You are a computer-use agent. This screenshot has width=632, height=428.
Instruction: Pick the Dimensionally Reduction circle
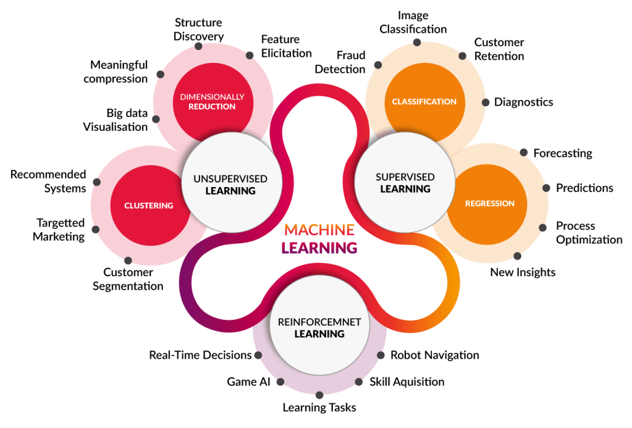[213, 103]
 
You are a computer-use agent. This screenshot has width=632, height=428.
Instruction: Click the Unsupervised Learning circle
[231, 183]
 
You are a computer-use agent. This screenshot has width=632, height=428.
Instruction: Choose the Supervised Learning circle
[405, 183]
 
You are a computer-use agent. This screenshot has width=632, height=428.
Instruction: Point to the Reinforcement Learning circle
[319, 325]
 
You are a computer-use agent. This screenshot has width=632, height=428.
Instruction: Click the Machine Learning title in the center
[319, 238]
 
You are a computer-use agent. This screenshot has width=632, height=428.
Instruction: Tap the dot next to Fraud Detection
[378, 65]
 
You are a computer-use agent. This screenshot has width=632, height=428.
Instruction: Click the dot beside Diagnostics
[486, 103]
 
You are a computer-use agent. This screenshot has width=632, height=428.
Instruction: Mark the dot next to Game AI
[280, 382]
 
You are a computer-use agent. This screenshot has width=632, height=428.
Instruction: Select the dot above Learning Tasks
[319, 395]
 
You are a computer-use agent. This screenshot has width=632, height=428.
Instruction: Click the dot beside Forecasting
[523, 153]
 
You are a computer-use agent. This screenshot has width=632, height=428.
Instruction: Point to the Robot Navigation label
[434, 355]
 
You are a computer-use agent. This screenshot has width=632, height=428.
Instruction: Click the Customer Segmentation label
[128, 279]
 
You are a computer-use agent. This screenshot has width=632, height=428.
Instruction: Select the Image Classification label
[413, 22]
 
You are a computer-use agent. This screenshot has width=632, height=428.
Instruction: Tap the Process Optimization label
[589, 233]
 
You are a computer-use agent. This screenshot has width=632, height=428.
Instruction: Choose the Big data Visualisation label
[116, 120]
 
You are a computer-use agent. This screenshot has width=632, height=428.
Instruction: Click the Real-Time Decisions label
[200, 355]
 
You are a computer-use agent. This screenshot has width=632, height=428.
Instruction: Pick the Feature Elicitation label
[286, 46]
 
